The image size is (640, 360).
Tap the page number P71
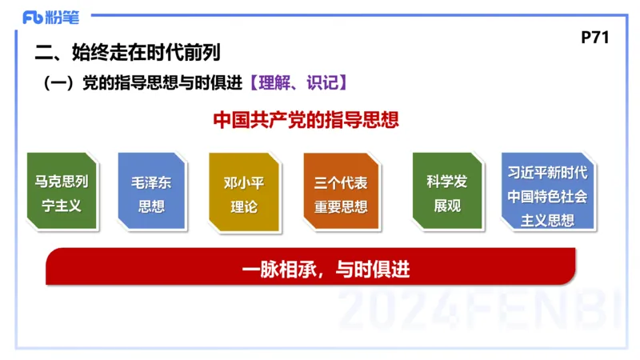click(x=596, y=38)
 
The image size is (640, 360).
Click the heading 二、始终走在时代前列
click(x=128, y=54)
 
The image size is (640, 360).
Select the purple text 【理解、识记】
click(x=297, y=82)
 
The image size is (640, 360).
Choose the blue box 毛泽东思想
click(x=151, y=193)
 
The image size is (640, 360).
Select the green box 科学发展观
click(x=447, y=193)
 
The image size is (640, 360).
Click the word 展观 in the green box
click(x=447, y=206)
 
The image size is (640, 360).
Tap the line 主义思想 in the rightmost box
click(x=548, y=220)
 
